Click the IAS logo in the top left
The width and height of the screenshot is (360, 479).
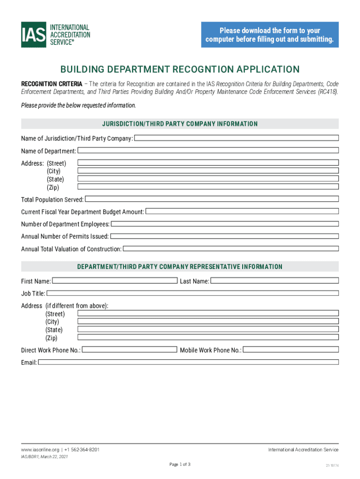pos(55,35)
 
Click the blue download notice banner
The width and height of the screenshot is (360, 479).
pos(270,35)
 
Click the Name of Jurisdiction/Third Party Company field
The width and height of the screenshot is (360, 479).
pos(236,138)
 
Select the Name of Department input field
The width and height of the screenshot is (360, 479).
pos(208,151)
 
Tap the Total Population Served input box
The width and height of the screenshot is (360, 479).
pos(211,199)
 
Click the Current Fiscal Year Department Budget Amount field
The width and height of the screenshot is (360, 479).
pos(242,211)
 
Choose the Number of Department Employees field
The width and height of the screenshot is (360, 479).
pos(224,224)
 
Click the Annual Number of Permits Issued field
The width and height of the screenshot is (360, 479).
pos(224,236)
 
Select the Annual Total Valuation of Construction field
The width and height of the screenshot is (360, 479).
pos(230,249)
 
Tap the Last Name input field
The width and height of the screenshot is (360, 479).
pos(274,281)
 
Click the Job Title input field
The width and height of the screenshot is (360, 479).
pos(192,293)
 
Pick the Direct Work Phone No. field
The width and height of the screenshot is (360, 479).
pos(130,349)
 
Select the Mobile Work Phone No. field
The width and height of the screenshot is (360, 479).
pos(290,349)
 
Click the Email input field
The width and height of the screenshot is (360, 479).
pos(188,362)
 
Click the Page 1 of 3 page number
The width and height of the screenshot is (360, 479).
pos(180,464)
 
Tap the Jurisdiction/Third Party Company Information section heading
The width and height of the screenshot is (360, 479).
pos(180,124)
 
